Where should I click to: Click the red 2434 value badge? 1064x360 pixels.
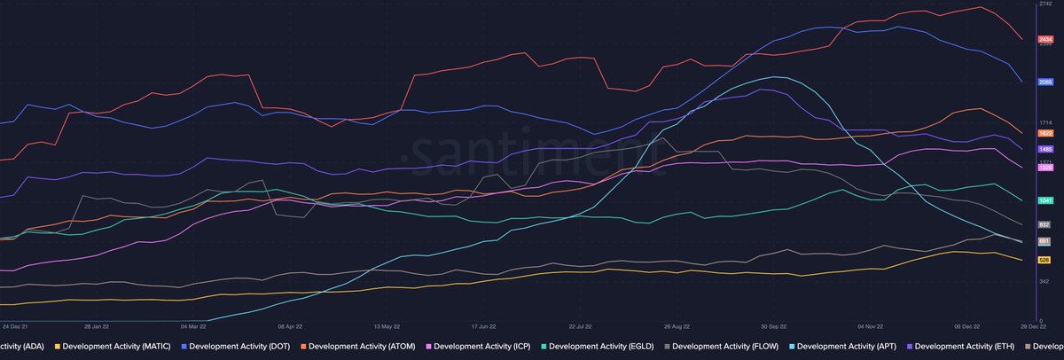(1044, 39)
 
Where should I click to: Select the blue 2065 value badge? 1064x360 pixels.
(1044, 82)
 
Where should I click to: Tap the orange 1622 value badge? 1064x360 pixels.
(1044, 133)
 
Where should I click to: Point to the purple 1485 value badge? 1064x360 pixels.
(1044, 150)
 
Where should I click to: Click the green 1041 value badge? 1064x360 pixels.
(1044, 200)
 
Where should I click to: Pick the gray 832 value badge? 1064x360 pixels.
(1044, 225)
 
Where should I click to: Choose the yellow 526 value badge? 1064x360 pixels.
(1044, 260)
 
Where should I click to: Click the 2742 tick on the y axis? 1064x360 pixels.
(1044, 5)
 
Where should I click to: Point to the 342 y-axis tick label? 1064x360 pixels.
(1044, 281)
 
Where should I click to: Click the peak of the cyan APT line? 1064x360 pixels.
(775, 77)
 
